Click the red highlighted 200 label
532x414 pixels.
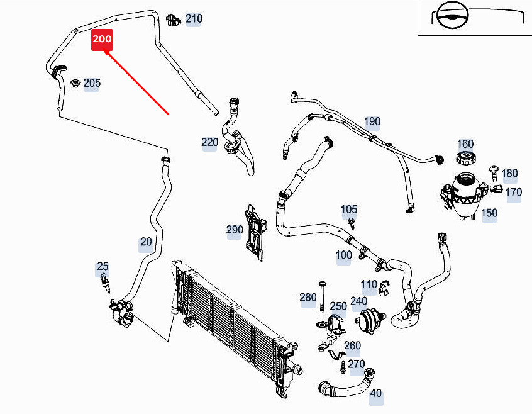102,39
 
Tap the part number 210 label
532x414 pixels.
194,19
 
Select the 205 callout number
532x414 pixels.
92,83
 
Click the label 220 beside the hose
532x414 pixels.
209,142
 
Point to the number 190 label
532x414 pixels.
372,121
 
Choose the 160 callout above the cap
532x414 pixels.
465,144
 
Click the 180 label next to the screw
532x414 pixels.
509,173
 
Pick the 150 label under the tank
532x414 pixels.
489,213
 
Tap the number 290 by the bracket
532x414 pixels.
235,230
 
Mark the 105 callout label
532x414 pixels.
349,210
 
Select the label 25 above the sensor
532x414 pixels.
103,267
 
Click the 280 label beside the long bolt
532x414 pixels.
308,298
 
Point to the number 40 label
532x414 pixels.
375,394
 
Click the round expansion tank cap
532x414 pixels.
465,159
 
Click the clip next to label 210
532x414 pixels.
174,20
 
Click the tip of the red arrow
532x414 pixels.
105,52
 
